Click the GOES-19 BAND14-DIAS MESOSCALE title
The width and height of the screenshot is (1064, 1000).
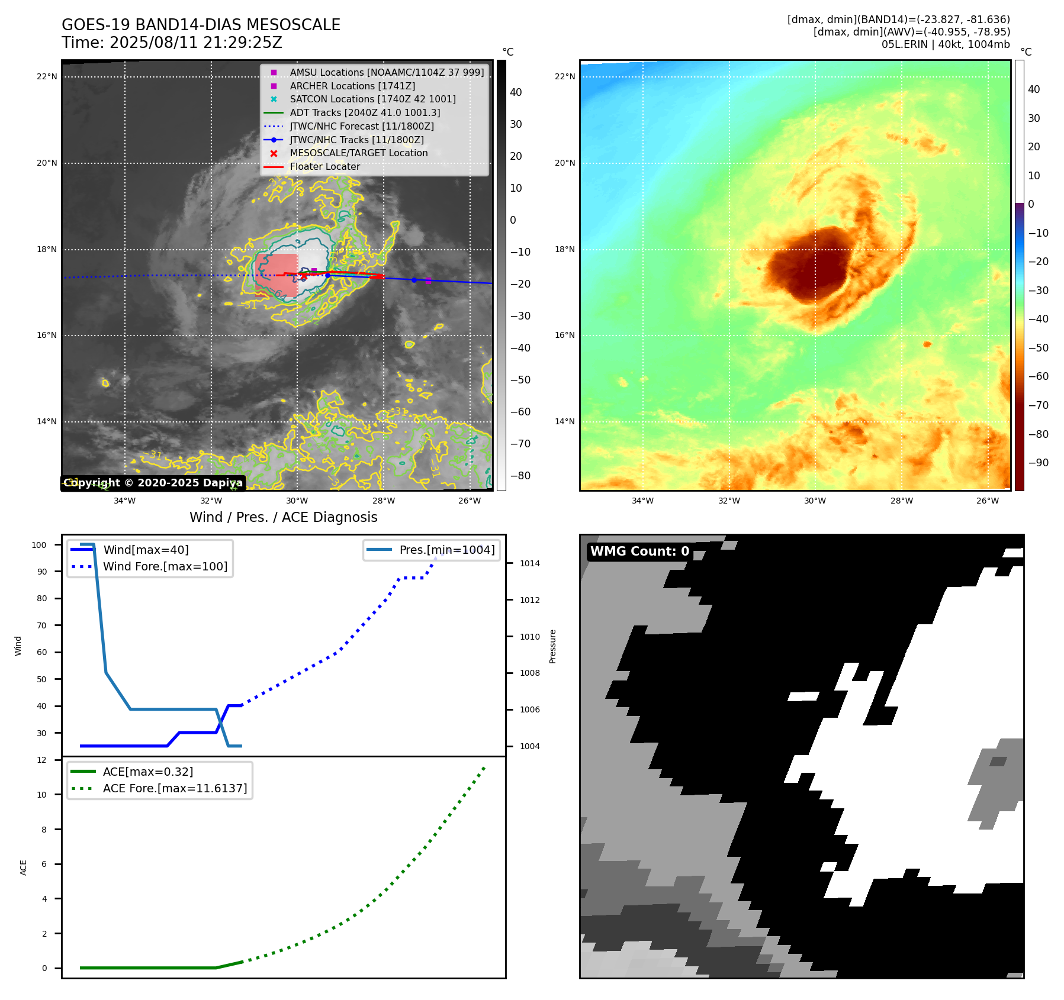point(201,25)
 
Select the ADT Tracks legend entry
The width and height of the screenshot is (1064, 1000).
point(365,112)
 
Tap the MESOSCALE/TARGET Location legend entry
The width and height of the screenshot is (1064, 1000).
point(358,153)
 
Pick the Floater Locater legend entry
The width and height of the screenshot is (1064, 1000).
point(324,166)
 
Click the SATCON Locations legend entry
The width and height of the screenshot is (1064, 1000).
point(372,99)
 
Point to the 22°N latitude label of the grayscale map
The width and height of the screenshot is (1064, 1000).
point(47,76)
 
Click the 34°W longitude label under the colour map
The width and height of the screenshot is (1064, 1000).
point(642,501)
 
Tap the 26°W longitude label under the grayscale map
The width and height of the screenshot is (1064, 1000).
point(470,501)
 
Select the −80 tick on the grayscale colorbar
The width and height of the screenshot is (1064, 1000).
point(520,476)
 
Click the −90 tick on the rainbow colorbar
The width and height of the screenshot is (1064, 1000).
point(1038,463)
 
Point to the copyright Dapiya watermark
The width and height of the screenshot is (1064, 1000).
point(153,483)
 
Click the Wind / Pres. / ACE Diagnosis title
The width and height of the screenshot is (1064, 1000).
point(283,517)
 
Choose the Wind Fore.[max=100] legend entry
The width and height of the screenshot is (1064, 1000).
point(165,566)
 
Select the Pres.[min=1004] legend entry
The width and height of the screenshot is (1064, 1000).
point(446,550)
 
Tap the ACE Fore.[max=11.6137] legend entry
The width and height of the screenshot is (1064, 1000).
point(175,788)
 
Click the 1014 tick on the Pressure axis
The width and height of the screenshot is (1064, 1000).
point(529,563)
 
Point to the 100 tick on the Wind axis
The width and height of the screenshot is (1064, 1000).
point(39,545)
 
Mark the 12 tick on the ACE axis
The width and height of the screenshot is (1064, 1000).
point(41,760)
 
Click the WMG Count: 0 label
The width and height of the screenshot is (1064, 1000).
point(639,551)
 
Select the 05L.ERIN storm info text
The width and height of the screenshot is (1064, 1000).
point(945,44)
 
